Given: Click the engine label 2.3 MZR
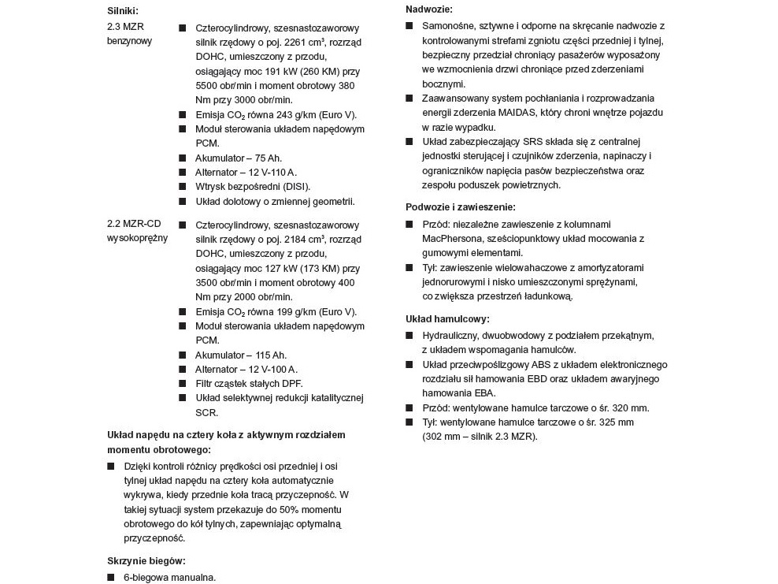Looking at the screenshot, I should click(125, 26).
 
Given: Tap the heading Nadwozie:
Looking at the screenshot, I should click(429, 9).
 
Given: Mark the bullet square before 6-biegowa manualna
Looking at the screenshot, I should click(111, 578).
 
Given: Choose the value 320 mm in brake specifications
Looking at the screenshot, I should click(632, 407).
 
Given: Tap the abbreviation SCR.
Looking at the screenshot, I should click(206, 412).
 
